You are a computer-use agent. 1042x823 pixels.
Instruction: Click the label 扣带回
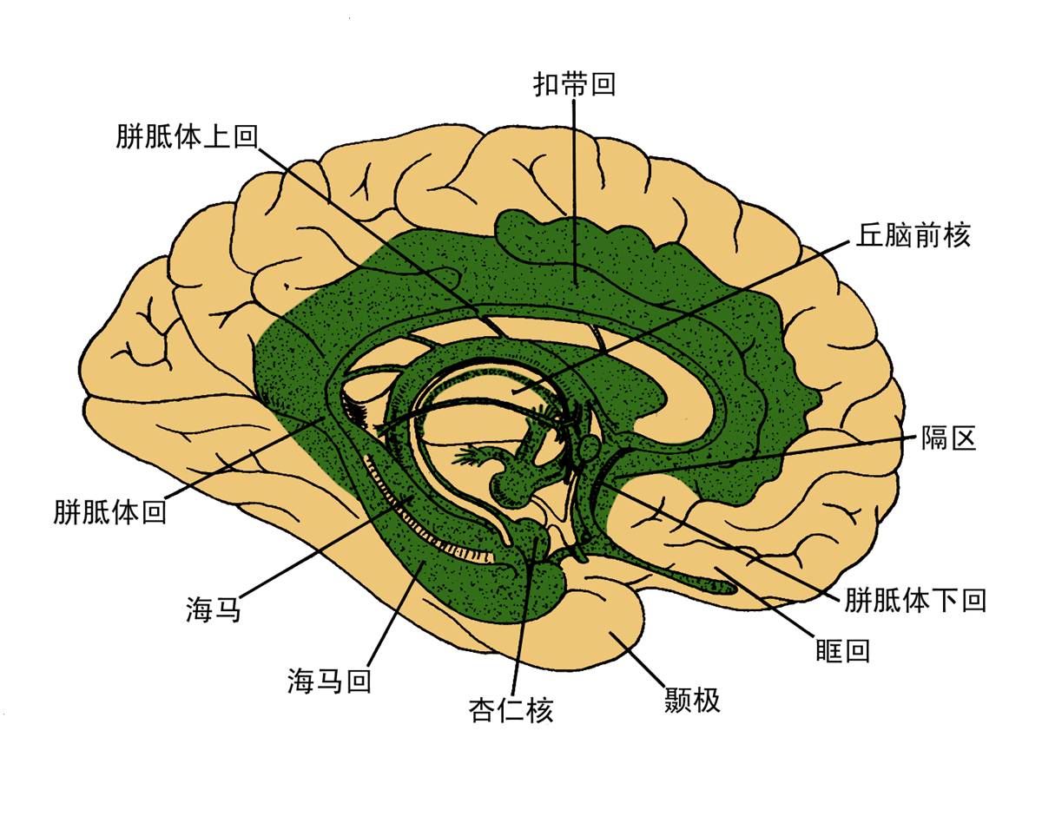click(574, 84)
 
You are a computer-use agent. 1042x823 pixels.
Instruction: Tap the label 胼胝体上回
click(187, 136)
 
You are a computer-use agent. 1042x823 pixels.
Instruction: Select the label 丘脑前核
click(913, 235)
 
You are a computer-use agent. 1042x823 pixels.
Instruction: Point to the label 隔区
click(949, 438)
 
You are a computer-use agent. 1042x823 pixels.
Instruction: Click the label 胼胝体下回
click(915, 600)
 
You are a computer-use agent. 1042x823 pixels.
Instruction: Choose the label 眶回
click(842, 650)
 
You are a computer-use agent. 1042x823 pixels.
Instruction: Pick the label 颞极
click(692, 700)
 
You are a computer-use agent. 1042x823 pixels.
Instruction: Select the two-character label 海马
click(212, 609)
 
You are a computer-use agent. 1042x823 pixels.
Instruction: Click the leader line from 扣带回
click(574, 191)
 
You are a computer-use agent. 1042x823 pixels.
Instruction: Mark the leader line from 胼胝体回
click(243, 459)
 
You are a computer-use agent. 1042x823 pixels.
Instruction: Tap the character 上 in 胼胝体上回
click(215, 136)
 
